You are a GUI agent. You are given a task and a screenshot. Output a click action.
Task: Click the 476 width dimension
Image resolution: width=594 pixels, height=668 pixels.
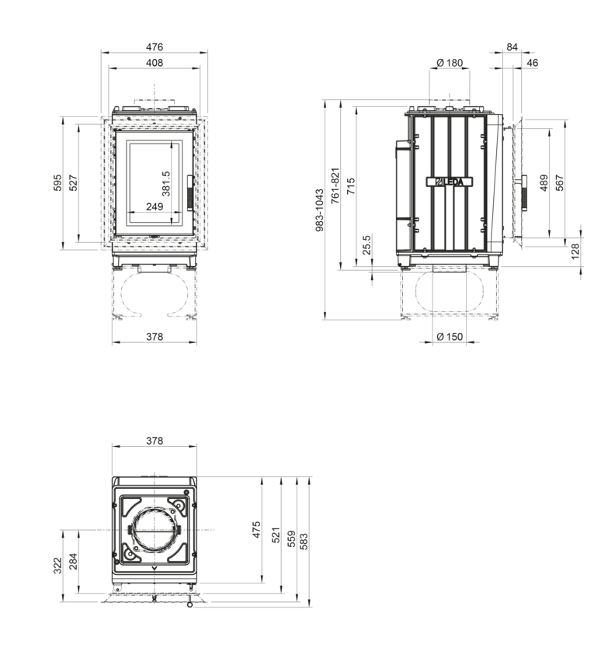point(155,47)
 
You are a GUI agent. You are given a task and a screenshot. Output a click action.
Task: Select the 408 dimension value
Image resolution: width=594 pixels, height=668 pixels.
point(155,63)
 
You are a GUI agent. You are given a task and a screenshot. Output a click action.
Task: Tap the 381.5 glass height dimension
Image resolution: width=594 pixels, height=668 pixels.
point(166,184)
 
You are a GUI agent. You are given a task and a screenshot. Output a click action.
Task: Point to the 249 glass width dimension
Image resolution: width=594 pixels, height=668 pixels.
point(155,206)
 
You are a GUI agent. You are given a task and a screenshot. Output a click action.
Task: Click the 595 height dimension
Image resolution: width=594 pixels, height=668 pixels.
point(57,183)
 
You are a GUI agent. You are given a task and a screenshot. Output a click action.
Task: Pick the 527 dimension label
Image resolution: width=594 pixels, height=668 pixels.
point(73,183)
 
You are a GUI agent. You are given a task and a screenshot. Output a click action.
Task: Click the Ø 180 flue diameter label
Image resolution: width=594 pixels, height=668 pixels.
point(450,63)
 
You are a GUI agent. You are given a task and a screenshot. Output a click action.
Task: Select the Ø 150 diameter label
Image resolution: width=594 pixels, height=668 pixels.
point(450,337)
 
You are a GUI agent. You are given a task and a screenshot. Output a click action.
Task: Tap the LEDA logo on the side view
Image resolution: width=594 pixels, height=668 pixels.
point(450,182)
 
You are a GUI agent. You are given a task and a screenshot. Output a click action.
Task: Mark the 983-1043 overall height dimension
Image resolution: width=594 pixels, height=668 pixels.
point(320,210)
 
